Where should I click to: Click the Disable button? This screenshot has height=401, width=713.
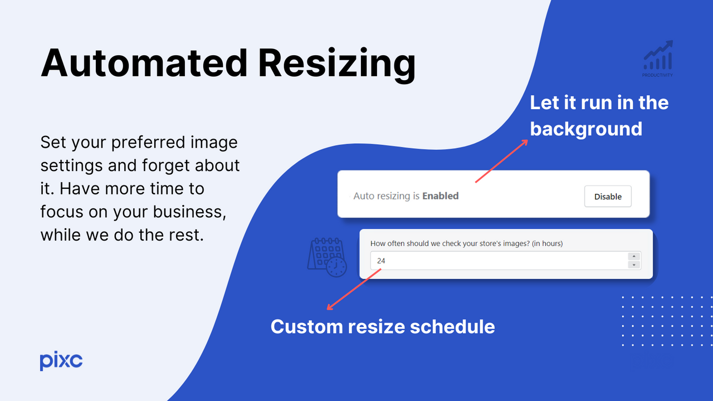click(x=608, y=196)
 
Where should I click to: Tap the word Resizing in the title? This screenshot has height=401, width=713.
click(x=336, y=62)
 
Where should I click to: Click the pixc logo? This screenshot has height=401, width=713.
click(x=61, y=361)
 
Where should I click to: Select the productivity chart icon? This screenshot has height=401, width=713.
click(x=658, y=55)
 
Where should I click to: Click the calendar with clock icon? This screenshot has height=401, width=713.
click(x=327, y=257)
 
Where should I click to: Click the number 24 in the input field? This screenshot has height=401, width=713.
click(x=381, y=261)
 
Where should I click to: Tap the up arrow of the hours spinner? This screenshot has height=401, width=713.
click(x=633, y=257)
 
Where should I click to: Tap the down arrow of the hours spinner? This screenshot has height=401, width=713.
click(x=633, y=265)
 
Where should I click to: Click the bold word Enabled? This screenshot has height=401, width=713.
click(x=440, y=196)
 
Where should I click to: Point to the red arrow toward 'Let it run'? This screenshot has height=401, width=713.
click(x=501, y=160)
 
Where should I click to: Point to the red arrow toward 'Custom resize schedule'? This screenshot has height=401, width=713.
click(x=354, y=289)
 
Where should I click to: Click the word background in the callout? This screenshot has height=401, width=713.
click(x=586, y=129)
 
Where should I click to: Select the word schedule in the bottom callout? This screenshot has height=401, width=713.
click(x=452, y=326)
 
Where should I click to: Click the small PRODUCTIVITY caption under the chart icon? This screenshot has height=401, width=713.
click(x=658, y=75)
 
